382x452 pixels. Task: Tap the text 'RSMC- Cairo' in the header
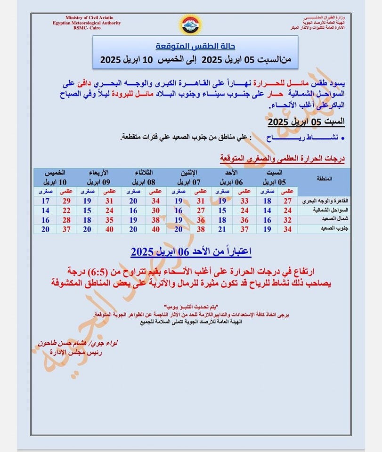pos(87,28)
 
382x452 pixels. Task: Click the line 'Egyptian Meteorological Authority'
pos(87,23)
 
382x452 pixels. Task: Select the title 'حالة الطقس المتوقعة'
pos(195,47)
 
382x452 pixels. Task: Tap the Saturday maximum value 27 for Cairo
pos(287,201)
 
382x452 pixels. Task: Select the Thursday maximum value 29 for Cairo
pos(66,201)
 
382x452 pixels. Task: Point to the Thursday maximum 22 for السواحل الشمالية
pos(66,210)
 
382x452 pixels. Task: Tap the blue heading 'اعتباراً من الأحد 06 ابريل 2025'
pos(191,252)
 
